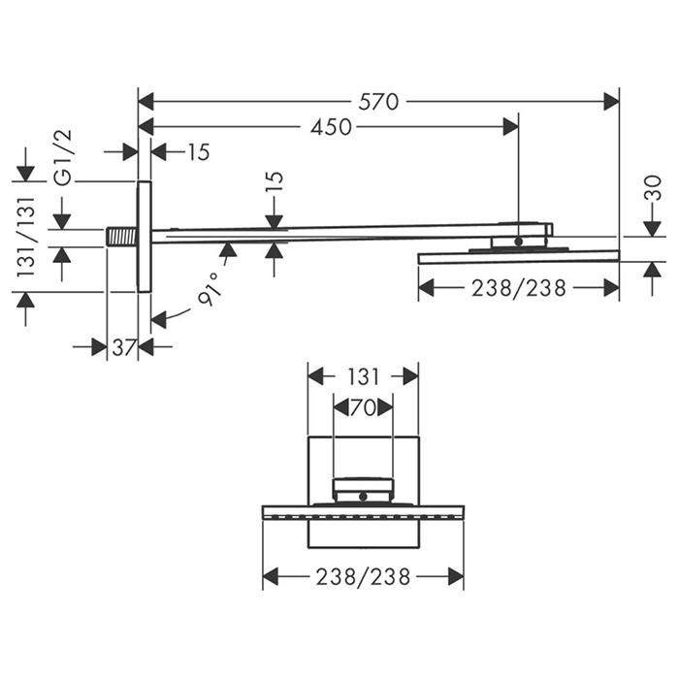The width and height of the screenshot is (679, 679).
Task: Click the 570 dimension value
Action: click(x=378, y=102)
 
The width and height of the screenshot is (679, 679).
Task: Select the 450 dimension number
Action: click(x=331, y=127)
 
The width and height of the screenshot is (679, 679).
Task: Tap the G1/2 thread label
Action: click(x=63, y=157)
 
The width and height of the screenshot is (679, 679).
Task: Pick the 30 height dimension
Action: click(x=653, y=188)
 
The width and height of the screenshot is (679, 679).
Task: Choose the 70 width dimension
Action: click(x=363, y=408)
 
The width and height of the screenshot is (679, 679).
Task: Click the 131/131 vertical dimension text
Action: click(x=25, y=237)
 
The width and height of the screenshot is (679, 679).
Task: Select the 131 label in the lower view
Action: click(x=363, y=377)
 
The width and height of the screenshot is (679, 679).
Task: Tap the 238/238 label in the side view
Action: click(x=519, y=288)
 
